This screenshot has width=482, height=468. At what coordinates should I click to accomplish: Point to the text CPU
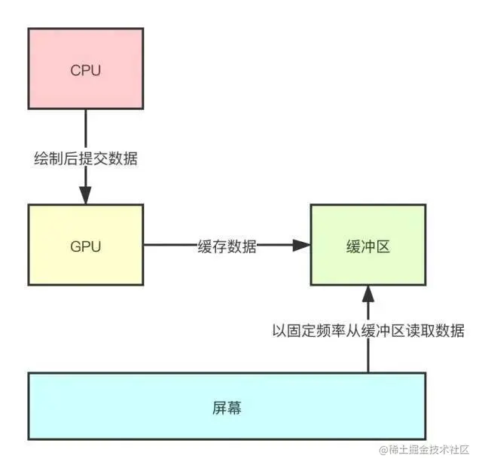coord(85,72)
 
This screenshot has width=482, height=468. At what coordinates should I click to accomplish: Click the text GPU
coord(85,246)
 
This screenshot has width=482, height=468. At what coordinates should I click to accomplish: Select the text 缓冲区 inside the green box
coord(368,246)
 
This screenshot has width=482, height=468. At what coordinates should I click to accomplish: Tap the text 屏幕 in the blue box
coord(226,409)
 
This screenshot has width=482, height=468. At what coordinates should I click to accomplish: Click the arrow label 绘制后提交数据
coord(85,159)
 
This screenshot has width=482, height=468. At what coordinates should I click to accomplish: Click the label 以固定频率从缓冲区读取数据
coord(368,330)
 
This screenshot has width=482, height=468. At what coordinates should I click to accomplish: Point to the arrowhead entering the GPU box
coord(85,197)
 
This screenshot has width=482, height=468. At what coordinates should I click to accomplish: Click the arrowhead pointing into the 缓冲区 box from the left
coord(302,245)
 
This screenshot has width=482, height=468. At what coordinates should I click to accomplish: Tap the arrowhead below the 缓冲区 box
coord(368,292)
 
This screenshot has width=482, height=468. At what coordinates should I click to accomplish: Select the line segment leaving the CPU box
coord(85,128)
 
